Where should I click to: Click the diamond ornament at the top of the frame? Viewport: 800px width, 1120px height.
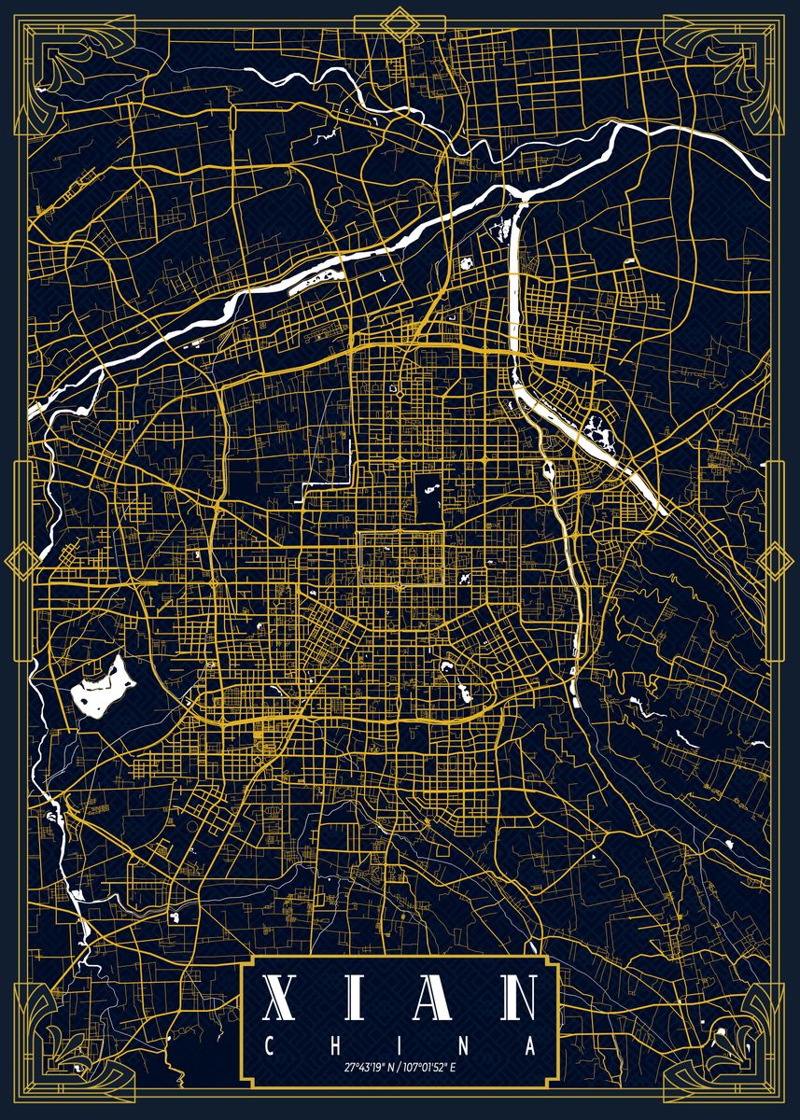click(400, 22)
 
